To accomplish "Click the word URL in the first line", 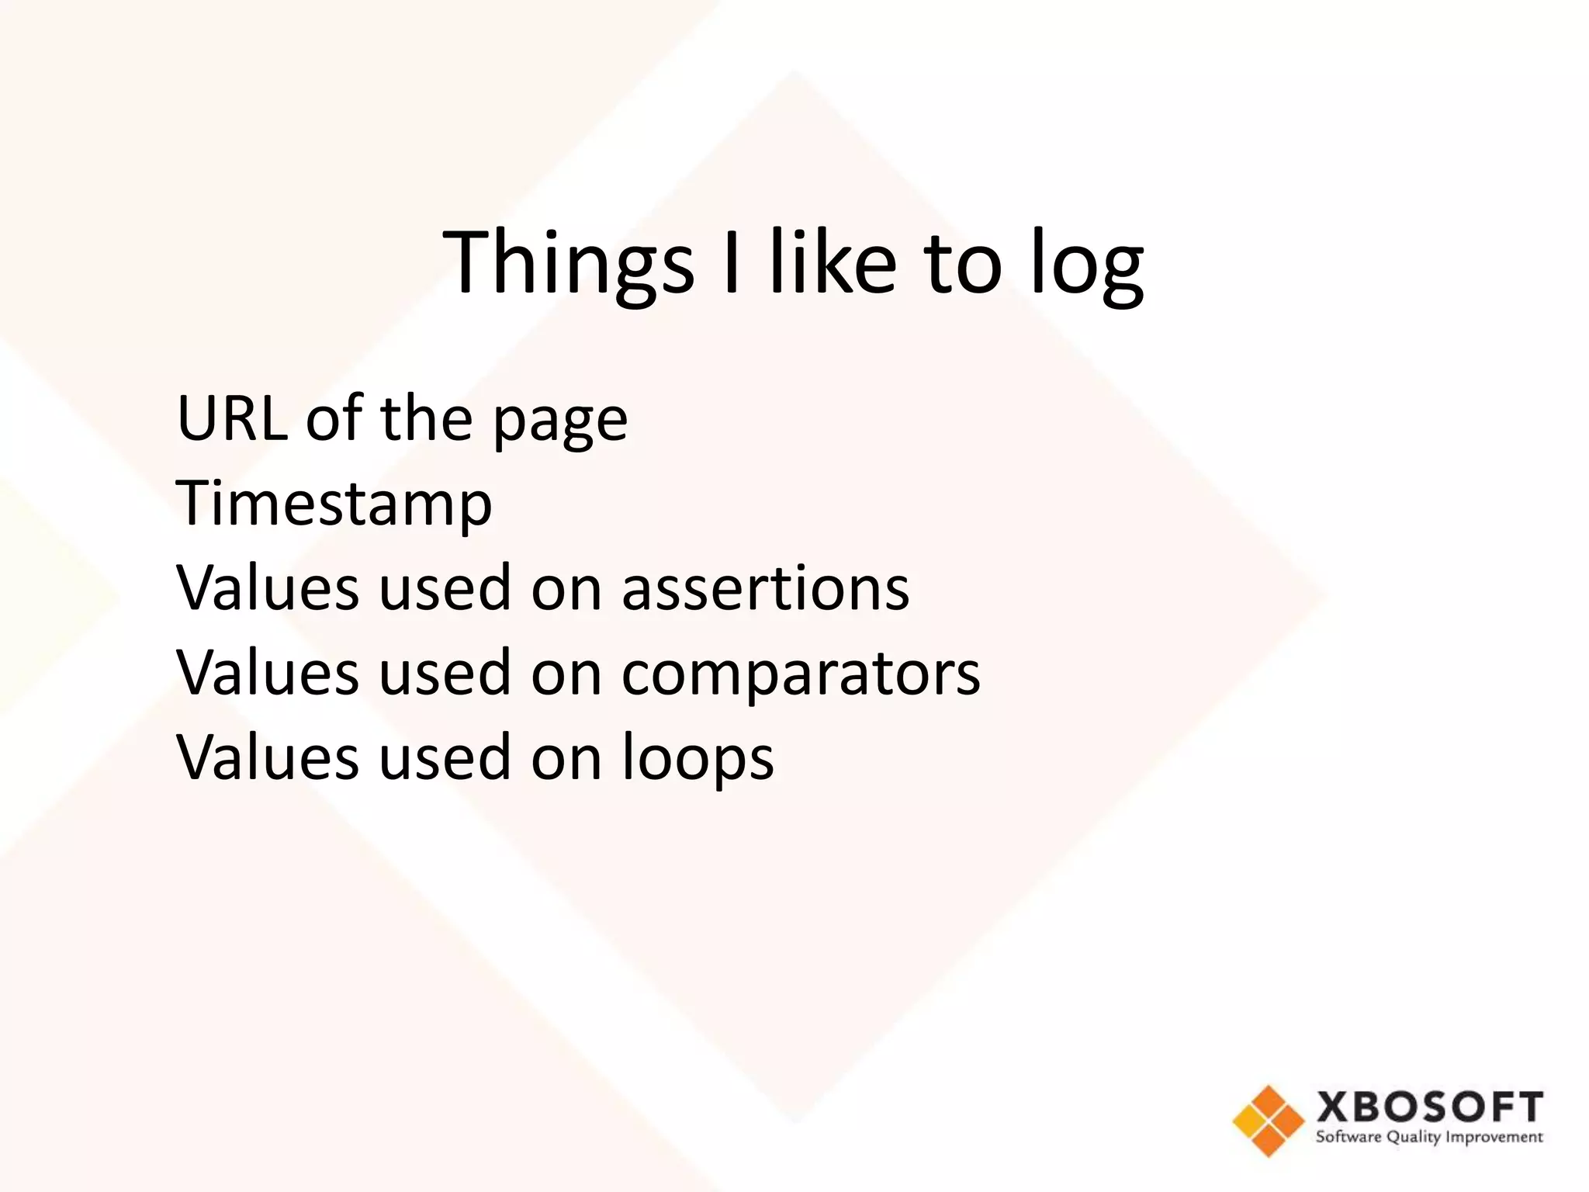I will pos(231,418).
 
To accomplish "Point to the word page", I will pos(559,423).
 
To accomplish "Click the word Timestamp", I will pos(334,504).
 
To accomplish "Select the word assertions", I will pos(765,588).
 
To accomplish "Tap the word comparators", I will pos(801,674).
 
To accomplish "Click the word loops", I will pos(698,758).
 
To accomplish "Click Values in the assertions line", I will pos(268,588).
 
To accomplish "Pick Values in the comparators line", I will pos(268,673).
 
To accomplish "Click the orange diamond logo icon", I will pos(1268,1121).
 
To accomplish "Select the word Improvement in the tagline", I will pos(1494,1138).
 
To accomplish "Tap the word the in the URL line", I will pos(426,418).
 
